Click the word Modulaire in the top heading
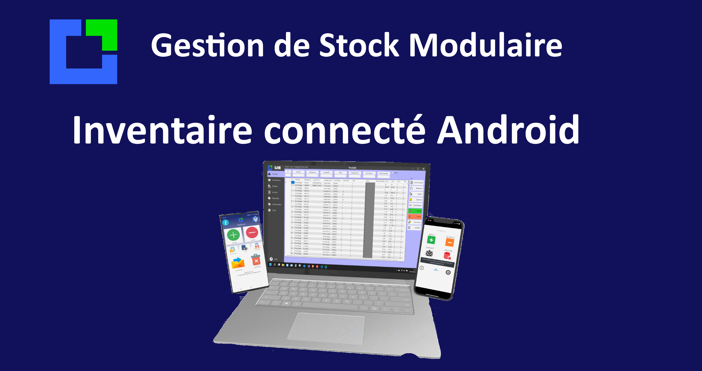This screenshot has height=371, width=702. point(485,45)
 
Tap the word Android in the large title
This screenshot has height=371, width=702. point(508,130)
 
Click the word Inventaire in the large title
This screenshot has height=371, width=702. point(162,130)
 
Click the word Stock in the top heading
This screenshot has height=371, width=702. point(359,45)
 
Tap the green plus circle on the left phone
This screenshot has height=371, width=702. point(233,235)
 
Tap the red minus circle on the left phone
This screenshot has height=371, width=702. point(252,233)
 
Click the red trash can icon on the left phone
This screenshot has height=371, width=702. point(256,260)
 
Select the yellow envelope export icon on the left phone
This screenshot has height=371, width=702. point(238,263)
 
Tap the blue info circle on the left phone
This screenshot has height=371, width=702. point(226,223)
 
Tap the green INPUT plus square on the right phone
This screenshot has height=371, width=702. point(431,240)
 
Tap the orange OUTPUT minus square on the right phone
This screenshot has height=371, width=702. point(450,242)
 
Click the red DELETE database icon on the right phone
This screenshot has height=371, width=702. point(447,256)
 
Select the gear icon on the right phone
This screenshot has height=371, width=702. point(448,273)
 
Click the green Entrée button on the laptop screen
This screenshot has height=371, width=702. point(415,211)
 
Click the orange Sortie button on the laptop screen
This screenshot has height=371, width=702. point(415,217)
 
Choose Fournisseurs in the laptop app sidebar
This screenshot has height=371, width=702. point(275,180)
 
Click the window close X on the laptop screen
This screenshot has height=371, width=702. point(423,169)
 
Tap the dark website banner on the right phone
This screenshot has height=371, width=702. point(437,262)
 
